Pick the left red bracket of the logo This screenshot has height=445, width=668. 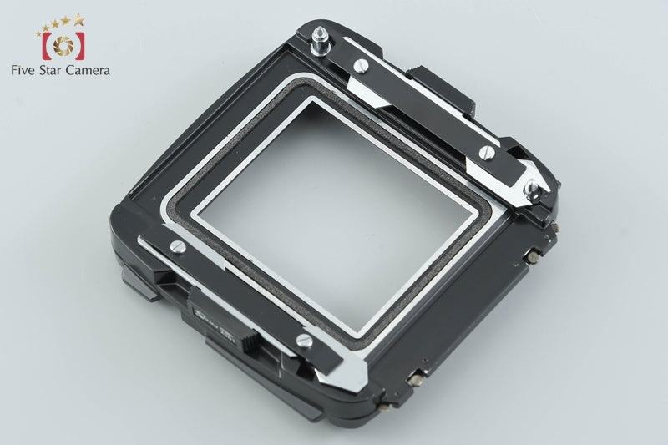tap(45, 44)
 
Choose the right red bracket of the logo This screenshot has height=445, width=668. tap(78, 44)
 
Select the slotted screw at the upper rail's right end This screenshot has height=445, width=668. tap(486, 152)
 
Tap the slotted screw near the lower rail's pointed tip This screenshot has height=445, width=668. tap(304, 340)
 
